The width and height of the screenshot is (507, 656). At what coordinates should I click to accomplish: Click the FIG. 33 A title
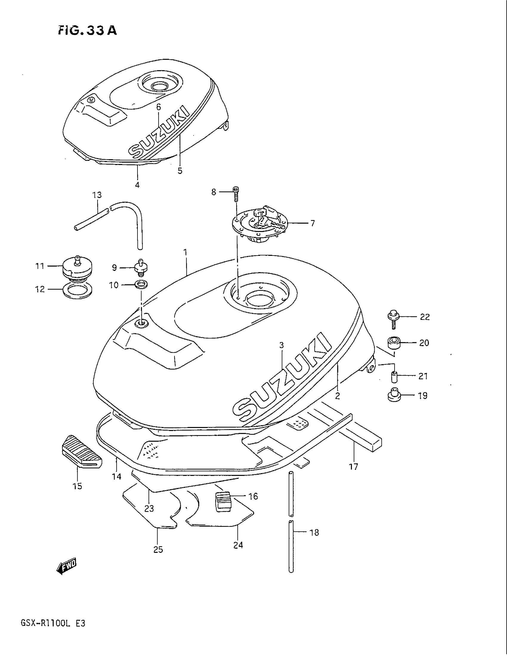point(87,30)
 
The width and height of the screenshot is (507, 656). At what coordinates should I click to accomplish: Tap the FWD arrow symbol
point(67,567)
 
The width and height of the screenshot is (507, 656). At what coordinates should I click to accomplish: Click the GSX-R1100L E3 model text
point(53,631)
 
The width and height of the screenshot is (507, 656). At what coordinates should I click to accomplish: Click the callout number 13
point(97,195)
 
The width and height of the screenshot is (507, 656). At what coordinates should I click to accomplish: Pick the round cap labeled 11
point(77,268)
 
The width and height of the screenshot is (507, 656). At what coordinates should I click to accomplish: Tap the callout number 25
point(158,550)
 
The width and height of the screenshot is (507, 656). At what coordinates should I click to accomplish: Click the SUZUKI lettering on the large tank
point(282,378)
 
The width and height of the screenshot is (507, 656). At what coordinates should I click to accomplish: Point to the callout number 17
point(353,467)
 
